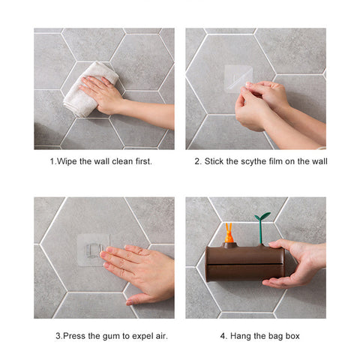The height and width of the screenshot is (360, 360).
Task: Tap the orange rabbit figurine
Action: click(x=229, y=233)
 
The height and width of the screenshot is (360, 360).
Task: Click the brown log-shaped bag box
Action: click(x=245, y=262)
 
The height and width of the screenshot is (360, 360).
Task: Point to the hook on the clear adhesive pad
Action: click(x=94, y=250)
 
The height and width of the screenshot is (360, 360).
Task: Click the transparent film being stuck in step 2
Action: click(x=238, y=78)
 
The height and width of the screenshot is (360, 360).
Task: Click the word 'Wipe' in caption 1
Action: click(x=67, y=161)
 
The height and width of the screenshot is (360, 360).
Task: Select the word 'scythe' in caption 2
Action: click(x=253, y=162)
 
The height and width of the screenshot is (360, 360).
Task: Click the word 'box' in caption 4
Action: click(x=292, y=336)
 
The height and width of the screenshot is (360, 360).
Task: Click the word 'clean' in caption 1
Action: click(x=122, y=161)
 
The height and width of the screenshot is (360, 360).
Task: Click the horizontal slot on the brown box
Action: click(x=245, y=264)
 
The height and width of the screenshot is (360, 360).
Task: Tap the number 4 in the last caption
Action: click(x=222, y=336)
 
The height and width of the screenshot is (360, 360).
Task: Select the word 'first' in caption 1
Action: click(x=143, y=161)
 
